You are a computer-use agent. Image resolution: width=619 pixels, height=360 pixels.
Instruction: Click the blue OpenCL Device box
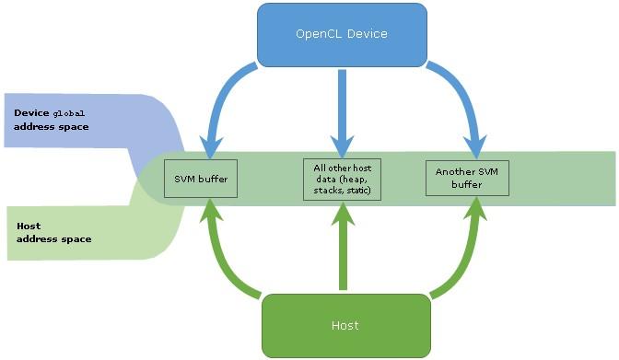point(341,34)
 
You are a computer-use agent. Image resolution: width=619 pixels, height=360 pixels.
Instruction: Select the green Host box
point(345,325)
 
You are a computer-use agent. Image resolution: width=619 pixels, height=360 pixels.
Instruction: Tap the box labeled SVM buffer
point(200,178)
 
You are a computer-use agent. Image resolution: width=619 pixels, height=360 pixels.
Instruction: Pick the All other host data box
point(342,178)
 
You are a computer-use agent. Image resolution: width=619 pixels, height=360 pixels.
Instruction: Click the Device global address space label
point(52,120)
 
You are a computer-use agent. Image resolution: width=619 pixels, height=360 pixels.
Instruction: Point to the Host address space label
point(53,232)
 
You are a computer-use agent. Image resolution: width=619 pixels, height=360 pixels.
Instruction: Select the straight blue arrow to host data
point(342,110)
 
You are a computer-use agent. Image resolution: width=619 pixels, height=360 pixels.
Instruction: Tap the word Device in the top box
point(367,34)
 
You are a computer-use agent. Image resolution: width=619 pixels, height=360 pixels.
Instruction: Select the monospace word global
point(70,113)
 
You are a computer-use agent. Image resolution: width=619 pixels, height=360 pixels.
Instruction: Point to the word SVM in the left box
point(186,178)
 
